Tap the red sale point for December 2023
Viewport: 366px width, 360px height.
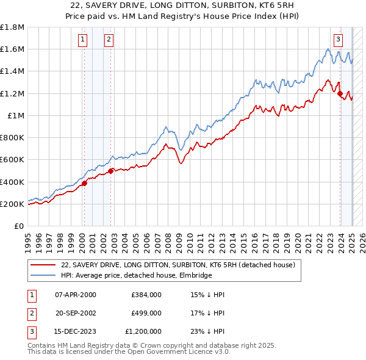(x=340, y=93)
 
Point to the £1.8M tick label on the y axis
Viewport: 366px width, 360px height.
(x=12, y=27)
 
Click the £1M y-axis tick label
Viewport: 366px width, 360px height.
(x=15, y=115)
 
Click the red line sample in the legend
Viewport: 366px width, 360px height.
(x=44, y=265)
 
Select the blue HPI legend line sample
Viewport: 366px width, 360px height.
(x=44, y=275)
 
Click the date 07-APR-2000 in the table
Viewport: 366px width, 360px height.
(x=75, y=295)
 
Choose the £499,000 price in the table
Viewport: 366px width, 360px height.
(x=146, y=313)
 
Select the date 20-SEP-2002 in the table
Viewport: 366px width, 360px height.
(x=75, y=313)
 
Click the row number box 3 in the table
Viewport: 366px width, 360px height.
(x=30, y=331)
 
